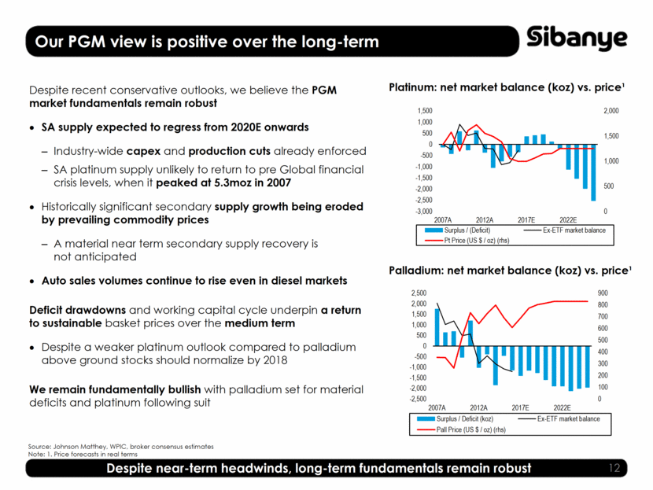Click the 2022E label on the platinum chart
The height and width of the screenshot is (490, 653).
point(568,219)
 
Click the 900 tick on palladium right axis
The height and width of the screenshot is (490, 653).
point(603,293)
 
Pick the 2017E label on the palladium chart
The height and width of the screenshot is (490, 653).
point(520,407)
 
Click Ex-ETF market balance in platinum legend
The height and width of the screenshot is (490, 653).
point(573,230)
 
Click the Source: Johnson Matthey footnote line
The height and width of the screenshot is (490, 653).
point(120,447)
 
